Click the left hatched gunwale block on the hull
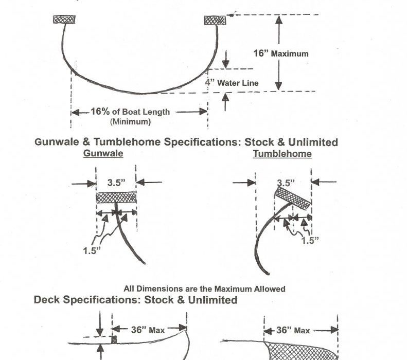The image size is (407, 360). coord(64,20)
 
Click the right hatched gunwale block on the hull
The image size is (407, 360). coord(215,20)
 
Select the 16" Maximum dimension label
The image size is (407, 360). coord(281,53)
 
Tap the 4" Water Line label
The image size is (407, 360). coord(231,83)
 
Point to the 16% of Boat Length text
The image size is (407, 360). coord(130,112)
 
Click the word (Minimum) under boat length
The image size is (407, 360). coord(130,122)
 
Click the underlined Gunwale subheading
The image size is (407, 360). coord(103,153)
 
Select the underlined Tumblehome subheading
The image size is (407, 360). coord(282,153)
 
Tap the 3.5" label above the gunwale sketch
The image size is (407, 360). coord(116,182)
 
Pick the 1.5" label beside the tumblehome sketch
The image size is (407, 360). coord(309,240)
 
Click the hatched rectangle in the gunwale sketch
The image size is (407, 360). coord(116,197)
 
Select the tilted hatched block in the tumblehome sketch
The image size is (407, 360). coord(293,197)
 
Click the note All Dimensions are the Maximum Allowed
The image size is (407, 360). coord(204,289)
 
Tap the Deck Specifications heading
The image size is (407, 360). coord(136,299)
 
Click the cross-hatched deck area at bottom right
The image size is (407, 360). coord(304,350)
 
